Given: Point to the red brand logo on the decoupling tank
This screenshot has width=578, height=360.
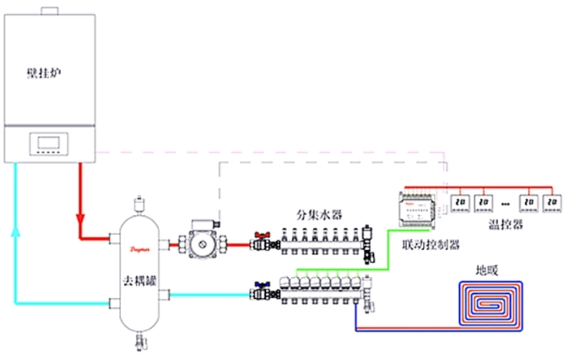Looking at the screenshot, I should [138, 248].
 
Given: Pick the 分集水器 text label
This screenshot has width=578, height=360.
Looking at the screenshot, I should [320, 216].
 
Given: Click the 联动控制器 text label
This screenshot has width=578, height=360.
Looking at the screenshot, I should [430, 245].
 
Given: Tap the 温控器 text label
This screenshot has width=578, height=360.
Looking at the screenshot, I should [505, 225].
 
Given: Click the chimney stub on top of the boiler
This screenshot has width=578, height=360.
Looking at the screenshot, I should [50, 11].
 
